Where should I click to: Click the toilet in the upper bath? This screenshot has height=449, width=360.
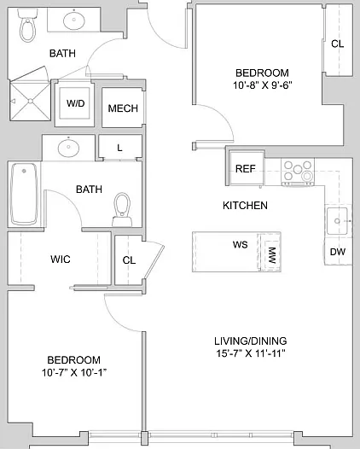tap(27, 25)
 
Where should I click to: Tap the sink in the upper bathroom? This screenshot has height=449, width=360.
tap(74, 20)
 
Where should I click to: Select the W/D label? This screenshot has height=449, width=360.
tap(76, 103)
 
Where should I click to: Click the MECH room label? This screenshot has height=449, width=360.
tap(123, 108)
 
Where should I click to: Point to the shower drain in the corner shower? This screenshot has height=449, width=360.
tap(31, 101)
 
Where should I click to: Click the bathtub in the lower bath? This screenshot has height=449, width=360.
tap(24, 194)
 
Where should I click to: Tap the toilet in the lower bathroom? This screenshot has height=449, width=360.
tap(123, 209)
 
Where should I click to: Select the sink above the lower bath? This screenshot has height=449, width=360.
tap(68, 148)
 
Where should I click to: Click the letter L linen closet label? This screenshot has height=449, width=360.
tap(119, 148)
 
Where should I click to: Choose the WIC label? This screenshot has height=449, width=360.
tap(61, 259)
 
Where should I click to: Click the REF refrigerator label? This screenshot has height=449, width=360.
tap(245, 169)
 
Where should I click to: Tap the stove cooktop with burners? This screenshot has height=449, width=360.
tap(298, 172)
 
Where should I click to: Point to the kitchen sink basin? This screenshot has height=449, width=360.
tap(337, 221)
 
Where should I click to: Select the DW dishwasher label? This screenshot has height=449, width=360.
tap(338, 252)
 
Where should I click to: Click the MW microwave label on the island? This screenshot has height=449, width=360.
tap(272, 255)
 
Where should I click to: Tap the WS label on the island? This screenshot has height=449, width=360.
tap(240, 244)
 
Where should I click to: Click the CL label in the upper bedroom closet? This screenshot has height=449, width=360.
tap(337, 44)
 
